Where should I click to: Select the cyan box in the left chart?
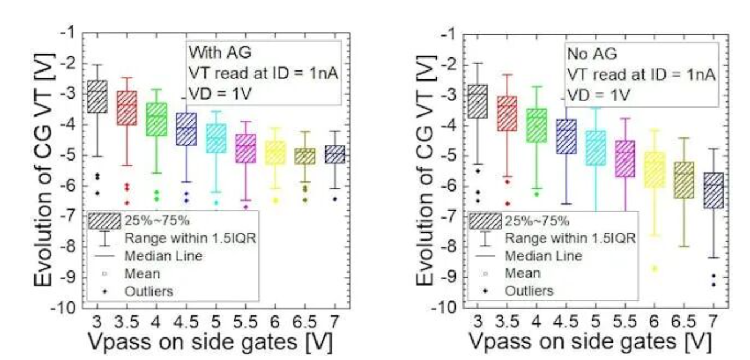(x=215, y=138)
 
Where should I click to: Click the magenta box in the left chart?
(x=245, y=148)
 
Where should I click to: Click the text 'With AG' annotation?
(x=213, y=53)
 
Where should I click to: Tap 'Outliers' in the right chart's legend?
(x=529, y=291)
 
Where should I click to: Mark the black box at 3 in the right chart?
(x=478, y=101)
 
